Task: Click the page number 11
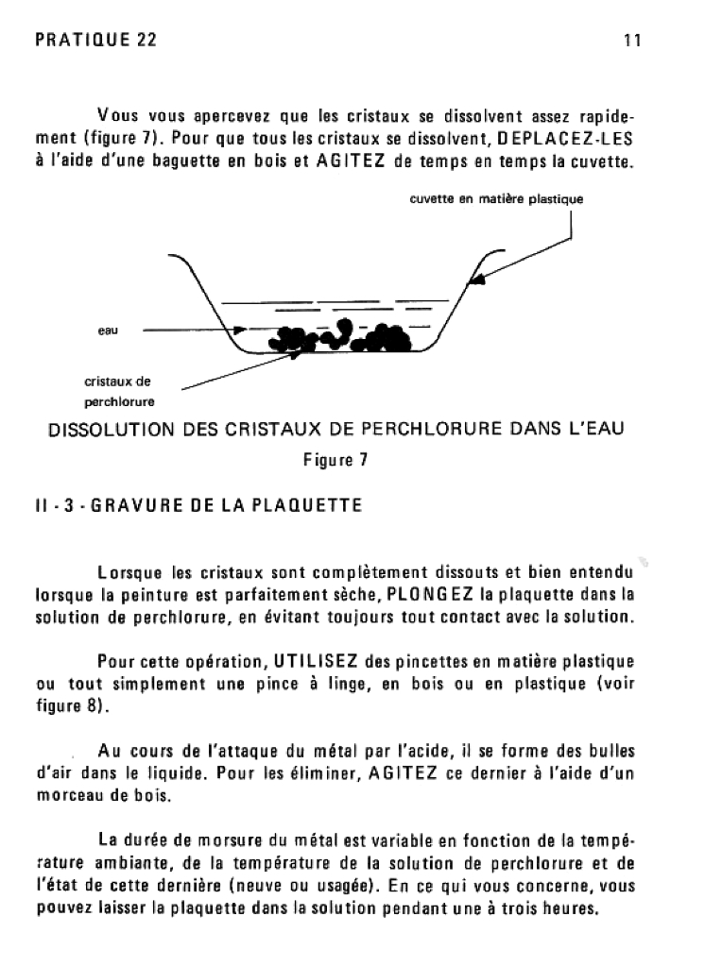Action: click(x=633, y=41)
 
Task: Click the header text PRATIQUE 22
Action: click(x=95, y=41)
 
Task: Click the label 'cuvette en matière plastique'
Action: click(x=496, y=199)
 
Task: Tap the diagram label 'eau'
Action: click(x=106, y=331)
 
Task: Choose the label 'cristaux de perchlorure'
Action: click(x=119, y=391)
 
